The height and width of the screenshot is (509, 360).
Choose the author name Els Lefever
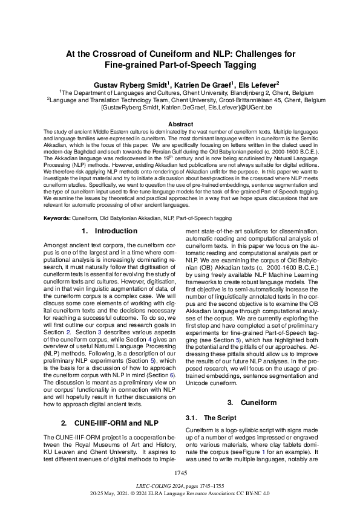point(255,85)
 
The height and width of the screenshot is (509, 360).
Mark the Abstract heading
point(180,124)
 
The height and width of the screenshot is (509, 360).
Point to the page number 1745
point(180,472)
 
